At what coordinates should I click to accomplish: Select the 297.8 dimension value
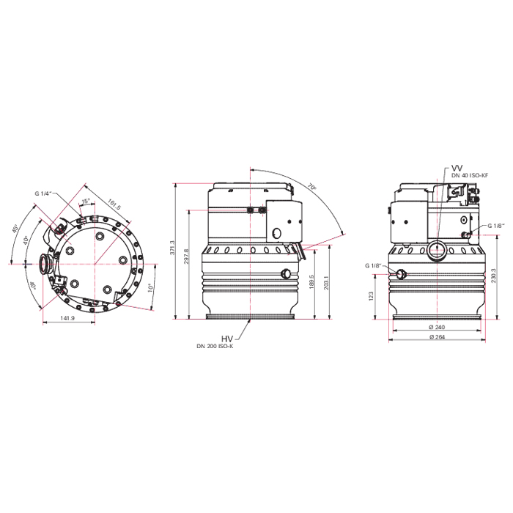pos(187,257)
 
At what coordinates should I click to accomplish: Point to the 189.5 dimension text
pos(311,282)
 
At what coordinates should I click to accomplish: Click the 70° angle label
pos(311,188)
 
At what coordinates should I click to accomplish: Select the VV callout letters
pos(458,167)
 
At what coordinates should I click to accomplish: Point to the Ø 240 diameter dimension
pos(438,327)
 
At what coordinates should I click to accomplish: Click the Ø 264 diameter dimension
pos(438,337)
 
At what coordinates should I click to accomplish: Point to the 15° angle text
pos(86,202)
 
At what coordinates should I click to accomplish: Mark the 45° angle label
pos(15,229)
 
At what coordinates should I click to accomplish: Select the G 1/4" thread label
pos(43,193)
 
